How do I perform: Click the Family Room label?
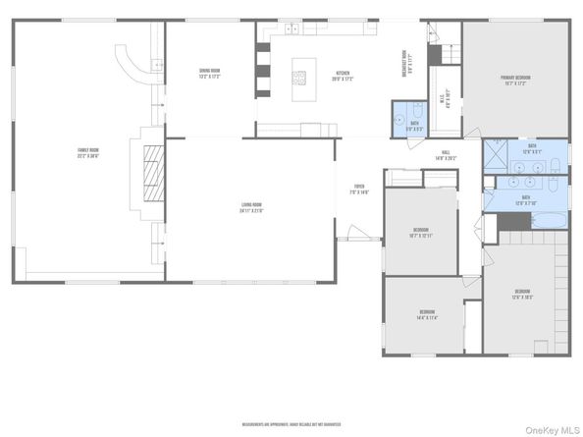(89, 151)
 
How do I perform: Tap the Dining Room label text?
(209, 73)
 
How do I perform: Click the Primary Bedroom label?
(514, 82)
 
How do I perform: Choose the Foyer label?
(359, 190)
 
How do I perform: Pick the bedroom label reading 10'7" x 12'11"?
(420, 235)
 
